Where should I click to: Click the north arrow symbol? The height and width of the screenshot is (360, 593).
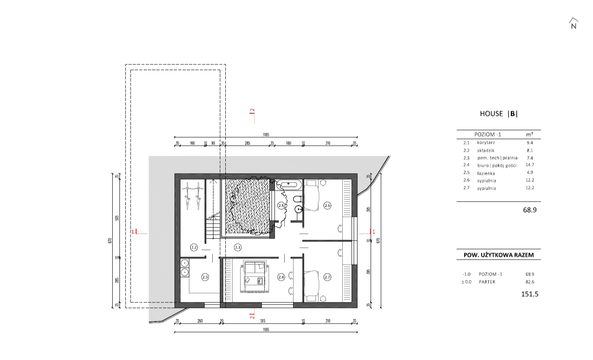pos(574,24)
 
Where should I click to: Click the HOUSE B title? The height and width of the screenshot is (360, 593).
pos(499,114)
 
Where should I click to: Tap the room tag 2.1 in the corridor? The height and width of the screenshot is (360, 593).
pos(238,247)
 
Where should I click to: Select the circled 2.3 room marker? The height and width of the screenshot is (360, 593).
pos(205,277)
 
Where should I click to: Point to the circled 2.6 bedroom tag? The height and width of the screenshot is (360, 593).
pos(327,205)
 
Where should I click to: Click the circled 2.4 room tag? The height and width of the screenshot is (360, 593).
pos(281,277)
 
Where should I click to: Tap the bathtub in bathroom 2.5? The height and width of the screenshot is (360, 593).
pos(288,185)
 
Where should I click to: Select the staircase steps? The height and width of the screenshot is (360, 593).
pos(213,227)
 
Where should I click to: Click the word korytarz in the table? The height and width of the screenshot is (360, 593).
pos(486,143)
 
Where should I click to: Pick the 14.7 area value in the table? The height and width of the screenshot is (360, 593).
pos(530,165)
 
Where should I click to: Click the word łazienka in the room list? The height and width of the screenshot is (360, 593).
pos(486,173)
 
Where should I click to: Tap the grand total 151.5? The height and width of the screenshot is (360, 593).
pos(530,294)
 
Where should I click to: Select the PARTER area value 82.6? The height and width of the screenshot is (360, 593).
pos(530,282)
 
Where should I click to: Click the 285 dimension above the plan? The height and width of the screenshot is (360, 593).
pos(247,143)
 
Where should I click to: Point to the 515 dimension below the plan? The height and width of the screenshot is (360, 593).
pos(263,321)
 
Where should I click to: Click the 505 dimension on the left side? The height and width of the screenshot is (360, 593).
pos(117,218)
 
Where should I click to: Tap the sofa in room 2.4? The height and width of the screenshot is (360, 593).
pos(255,267)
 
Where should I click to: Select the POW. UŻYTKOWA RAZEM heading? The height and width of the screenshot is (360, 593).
pos(499,255)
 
